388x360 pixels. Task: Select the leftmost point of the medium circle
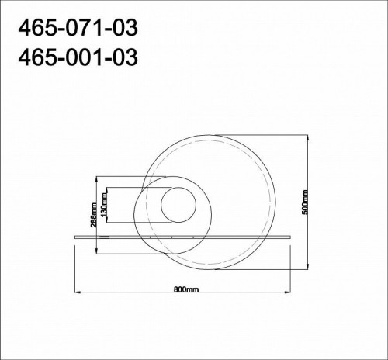(x=133, y=216)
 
